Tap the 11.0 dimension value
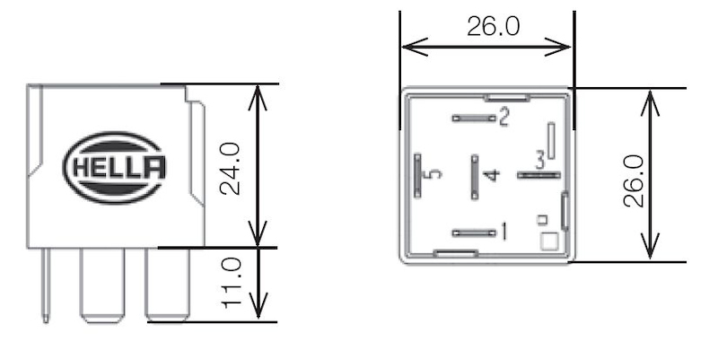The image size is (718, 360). point(232,283)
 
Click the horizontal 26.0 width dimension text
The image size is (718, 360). point(493,26)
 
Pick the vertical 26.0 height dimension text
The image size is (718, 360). point(633,180)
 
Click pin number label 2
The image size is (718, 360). point(504,116)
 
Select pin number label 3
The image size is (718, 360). point(539,161)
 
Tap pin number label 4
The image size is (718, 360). point(489,174)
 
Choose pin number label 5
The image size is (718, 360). point(434,174)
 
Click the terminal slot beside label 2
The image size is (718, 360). point(474,118)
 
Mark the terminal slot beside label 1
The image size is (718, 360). point(474,233)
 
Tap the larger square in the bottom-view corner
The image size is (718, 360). point(548,241)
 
